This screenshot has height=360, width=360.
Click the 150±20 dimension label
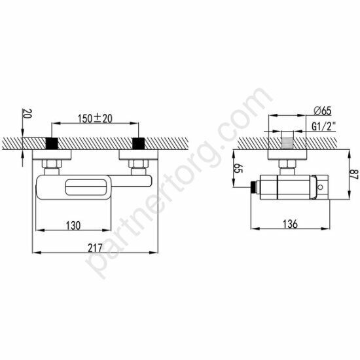tap(96, 118)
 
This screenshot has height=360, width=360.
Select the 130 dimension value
tap(73, 225)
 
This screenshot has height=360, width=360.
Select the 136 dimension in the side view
tap(291, 225)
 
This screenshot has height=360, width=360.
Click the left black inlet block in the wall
tap(52, 143)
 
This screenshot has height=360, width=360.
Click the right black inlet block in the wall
tap(137, 143)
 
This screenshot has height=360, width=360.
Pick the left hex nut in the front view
tap(52, 163)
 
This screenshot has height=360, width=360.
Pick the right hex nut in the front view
tap(137, 163)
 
